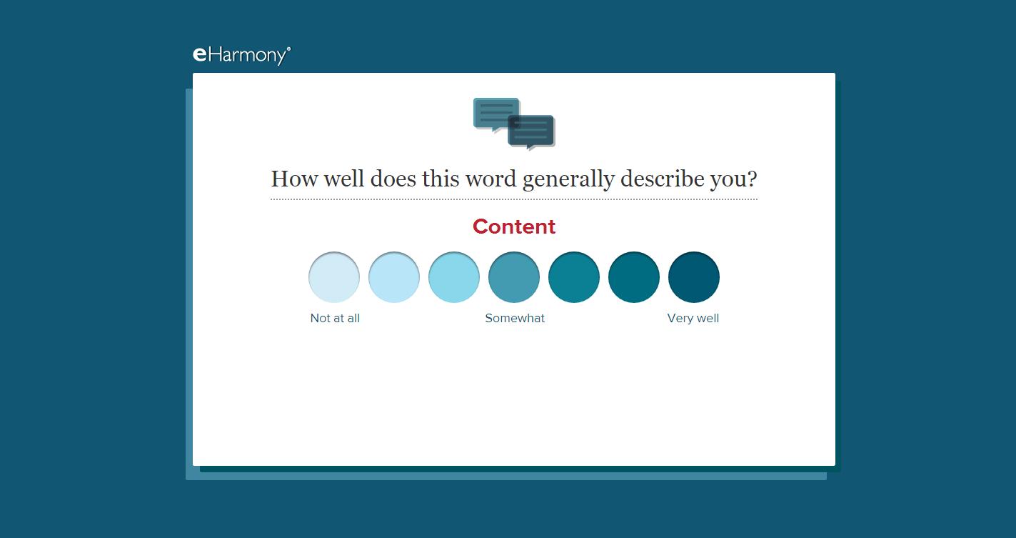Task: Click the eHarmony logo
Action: (241, 55)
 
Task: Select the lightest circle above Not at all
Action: (334, 277)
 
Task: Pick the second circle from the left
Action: (393, 277)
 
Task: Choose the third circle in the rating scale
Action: (454, 277)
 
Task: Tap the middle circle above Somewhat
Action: (514, 277)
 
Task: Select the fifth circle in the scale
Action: (574, 277)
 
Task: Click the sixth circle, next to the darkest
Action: (633, 277)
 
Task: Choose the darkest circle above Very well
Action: (694, 277)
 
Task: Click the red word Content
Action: (514, 226)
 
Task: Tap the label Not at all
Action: (335, 318)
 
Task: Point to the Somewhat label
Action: (515, 318)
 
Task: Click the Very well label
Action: (693, 318)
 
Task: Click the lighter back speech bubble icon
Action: (496, 114)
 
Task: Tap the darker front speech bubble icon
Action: (531, 132)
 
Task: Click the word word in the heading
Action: (491, 179)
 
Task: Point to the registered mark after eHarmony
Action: (288, 49)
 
